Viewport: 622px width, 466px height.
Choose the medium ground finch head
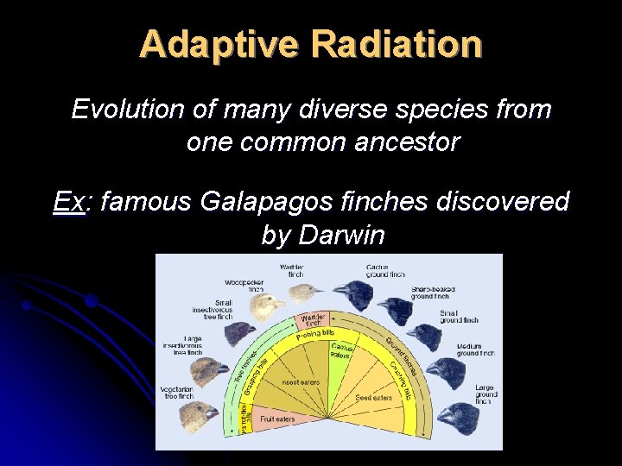446,372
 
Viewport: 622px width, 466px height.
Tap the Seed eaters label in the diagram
374,398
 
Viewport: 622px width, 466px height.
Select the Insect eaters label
299,381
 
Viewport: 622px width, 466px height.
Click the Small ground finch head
422,332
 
